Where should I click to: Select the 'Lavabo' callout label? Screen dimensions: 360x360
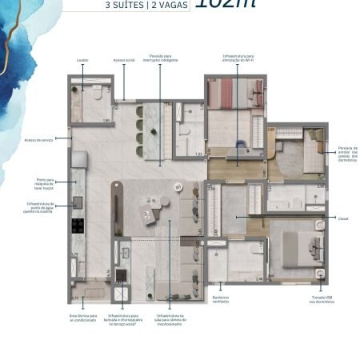pyautogui.click(x=82, y=59)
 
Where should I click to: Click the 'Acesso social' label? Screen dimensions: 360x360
pyautogui.click(x=124, y=59)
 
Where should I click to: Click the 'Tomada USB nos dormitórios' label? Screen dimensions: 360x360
pyautogui.click(x=319, y=300)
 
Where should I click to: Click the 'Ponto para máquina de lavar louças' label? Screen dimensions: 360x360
pyautogui.click(x=45, y=183)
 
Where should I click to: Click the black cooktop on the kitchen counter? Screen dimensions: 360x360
pyautogui.click(x=78, y=225)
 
